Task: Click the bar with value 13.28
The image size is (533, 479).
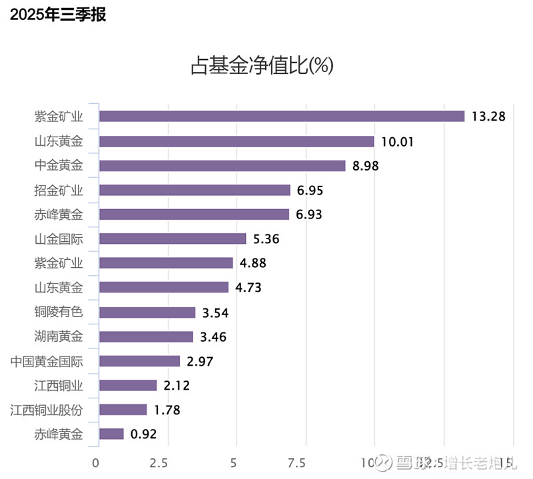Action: coord(281,117)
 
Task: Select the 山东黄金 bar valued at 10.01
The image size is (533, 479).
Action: coord(237,141)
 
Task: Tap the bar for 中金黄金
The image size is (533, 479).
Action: coord(222,166)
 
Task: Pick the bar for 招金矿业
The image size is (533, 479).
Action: coord(195,191)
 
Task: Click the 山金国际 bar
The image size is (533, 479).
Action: coord(173,239)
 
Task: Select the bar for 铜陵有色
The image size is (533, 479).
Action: coord(147,312)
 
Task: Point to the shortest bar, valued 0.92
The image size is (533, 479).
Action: coord(111,434)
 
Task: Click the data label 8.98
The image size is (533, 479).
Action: coord(365,166)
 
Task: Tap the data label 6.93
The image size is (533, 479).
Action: coord(310,215)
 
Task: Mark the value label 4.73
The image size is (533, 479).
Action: coord(249,288)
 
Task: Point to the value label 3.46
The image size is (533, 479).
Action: coord(213,337)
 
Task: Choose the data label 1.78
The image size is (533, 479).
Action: coord(167,410)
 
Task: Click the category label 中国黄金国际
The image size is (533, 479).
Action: coord(47,361)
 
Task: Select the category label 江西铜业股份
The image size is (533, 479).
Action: coord(47,410)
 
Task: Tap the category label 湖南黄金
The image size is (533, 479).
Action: coord(59,336)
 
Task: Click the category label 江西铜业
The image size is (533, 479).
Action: coord(59,385)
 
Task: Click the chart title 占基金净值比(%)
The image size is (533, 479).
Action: coord(262,65)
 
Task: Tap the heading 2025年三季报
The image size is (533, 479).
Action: coord(58,15)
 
